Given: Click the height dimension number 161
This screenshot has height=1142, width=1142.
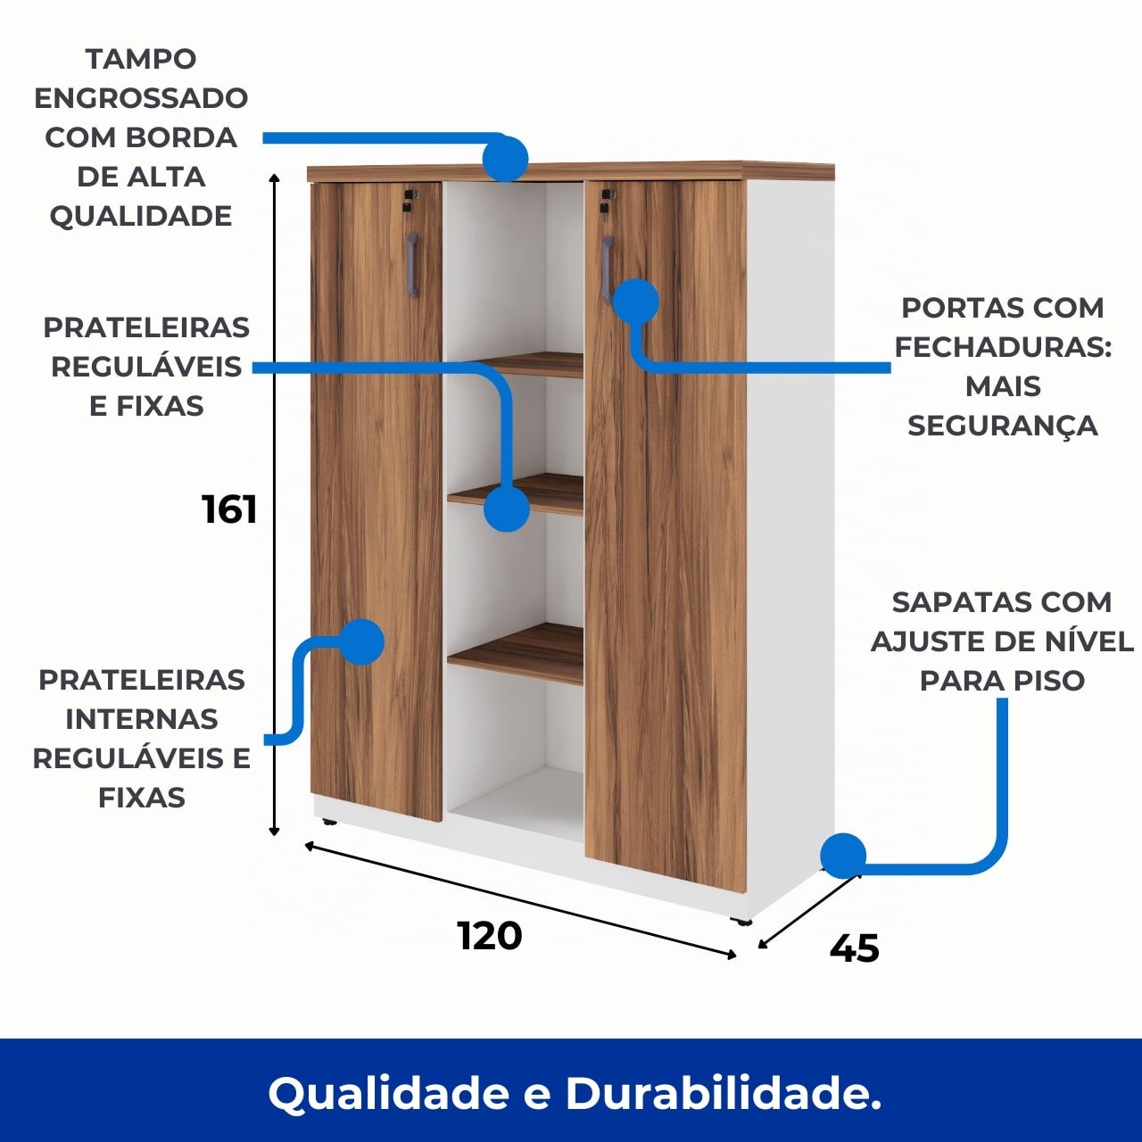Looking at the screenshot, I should [229, 509].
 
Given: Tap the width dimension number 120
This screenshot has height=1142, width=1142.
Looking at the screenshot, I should [490, 936].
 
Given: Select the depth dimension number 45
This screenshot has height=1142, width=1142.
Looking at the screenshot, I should [854, 948].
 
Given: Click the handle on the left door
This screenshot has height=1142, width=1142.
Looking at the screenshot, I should [412, 265].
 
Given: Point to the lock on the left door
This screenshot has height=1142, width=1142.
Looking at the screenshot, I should [410, 199].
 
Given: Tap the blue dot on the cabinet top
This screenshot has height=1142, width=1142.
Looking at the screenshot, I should [505, 159].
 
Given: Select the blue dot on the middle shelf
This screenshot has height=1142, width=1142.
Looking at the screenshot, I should [507, 509].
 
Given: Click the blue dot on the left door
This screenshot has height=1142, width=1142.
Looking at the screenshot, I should [361, 641].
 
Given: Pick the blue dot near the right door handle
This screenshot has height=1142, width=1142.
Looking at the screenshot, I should [636, 301].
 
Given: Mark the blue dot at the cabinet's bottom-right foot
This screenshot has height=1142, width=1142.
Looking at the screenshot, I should [843, 856].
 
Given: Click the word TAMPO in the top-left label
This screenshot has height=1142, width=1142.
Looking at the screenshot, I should [141, 59].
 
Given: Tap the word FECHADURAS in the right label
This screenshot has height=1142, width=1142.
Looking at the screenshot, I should [1002, 347].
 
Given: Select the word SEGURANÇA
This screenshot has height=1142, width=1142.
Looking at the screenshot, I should [1002, 426].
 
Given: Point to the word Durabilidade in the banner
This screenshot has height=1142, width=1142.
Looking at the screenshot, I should [723, 1093].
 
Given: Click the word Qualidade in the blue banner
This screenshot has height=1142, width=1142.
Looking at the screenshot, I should [388, 1093].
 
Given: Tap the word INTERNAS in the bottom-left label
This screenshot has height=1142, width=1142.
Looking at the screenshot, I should [141, 719].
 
